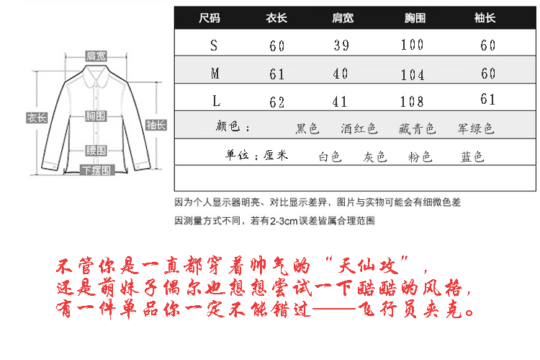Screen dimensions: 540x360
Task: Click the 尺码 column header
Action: pos(210,17)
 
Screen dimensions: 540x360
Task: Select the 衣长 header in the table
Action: pos(276,17)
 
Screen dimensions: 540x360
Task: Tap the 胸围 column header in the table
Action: pos(412,17)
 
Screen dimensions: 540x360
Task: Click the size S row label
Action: pos(213,45)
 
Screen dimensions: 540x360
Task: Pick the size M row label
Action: pos(215,74)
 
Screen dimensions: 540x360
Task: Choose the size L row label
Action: pos(214,101)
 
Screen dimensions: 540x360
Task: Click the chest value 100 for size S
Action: pos(412,45)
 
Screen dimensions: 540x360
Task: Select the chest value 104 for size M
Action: pos(412,74)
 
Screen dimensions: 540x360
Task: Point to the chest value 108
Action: pos(412,101)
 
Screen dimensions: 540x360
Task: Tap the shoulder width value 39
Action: pos(342,45)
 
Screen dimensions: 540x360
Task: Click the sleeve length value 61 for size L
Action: pos(487,100)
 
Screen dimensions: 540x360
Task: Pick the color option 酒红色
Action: pos(359,129)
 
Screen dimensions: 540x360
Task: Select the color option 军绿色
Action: pos(476,129)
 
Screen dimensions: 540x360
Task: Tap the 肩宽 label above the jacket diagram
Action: pos(96,56)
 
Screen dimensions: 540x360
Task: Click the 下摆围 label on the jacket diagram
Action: pos(96,171)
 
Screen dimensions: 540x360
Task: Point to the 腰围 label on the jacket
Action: pos(96,150)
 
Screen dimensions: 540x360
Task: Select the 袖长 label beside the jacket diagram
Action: pos(156,124)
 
